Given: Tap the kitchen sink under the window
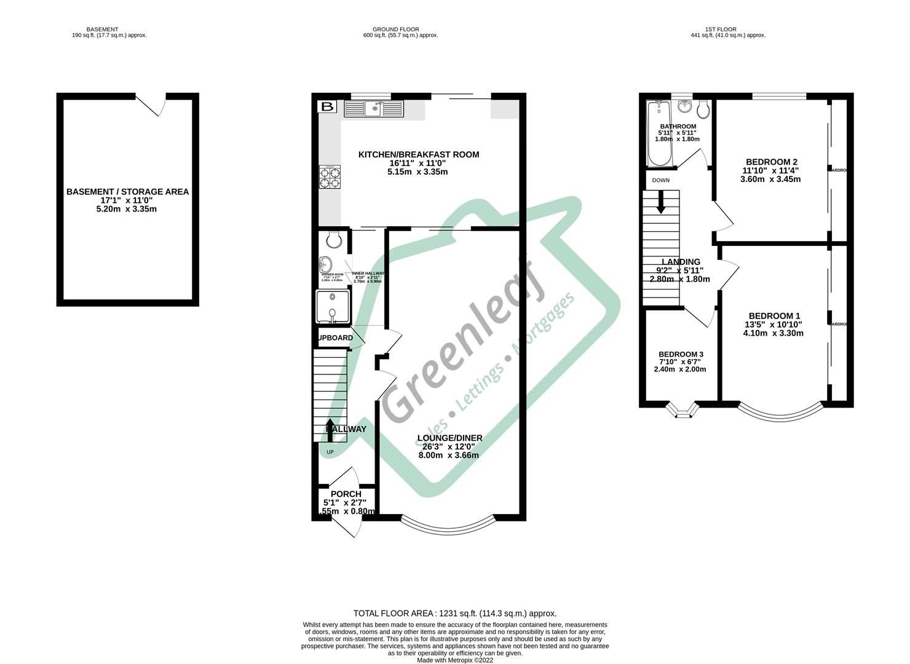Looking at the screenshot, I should click(x=373, y=109).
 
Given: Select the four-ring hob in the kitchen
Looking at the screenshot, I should click(x=330, y=176).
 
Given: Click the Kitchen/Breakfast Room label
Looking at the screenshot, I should click(x=418, y=154).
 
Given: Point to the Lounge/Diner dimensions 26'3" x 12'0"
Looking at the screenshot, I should click(x=449, y=447).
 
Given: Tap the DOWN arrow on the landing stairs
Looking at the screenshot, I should click(x=661, y=202).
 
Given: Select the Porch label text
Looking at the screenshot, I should click(x=346, y=494).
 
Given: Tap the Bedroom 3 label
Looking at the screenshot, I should click(x=681, y=355).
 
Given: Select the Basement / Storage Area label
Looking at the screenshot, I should click(x=127, y=192).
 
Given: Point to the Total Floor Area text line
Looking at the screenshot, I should click(x=454, y=613).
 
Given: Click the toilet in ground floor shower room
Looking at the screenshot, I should click(x=333, y=237).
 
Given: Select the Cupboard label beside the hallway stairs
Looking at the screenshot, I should click(x=335, y=338).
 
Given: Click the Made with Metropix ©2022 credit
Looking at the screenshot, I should click(x=454, y=660).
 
